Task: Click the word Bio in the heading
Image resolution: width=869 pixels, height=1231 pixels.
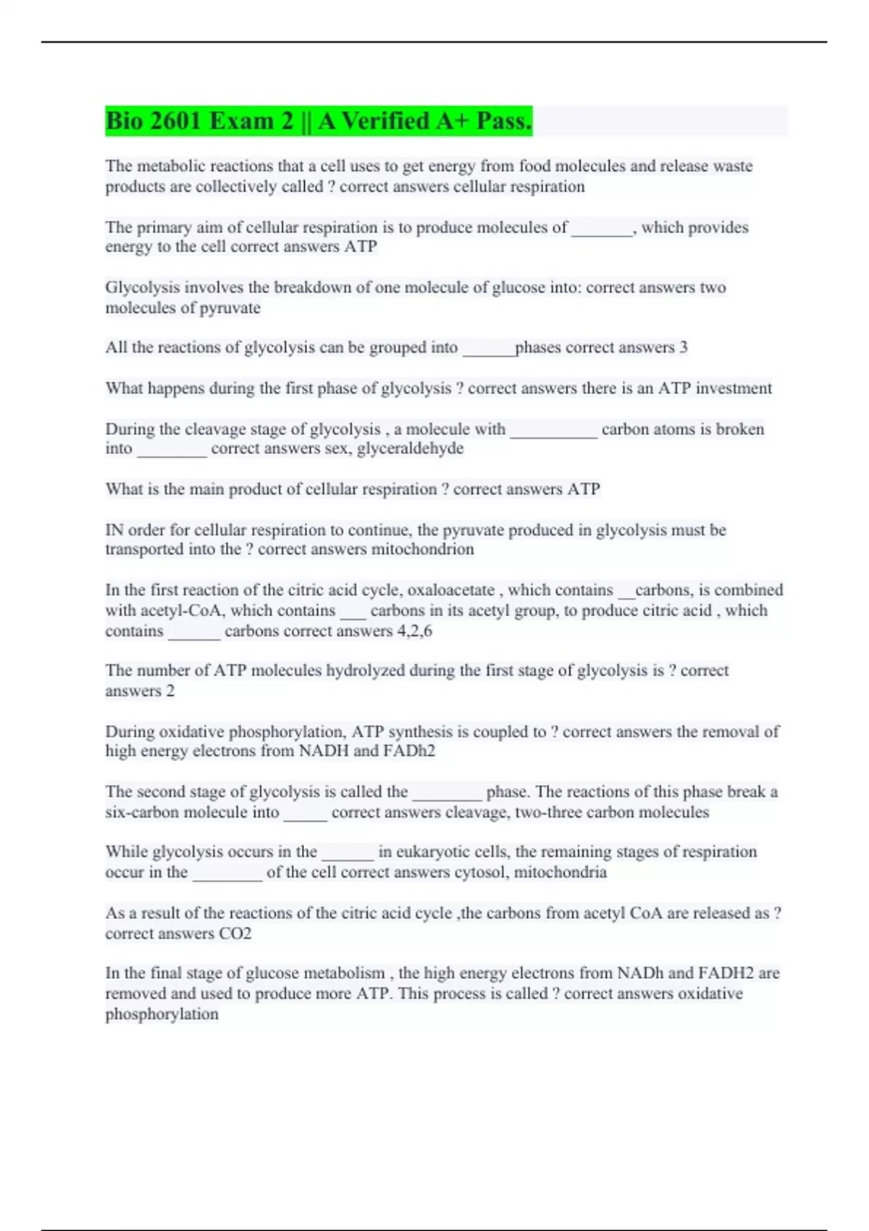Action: pyautogui.click(x=125, y=121)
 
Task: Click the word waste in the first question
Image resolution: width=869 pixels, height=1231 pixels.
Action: pyautogui.click(x=733, y=166)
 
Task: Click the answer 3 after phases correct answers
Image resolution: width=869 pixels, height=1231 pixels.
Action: pyautogui.click(x=683, y=348)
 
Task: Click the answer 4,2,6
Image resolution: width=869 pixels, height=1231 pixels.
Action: pyautogui.click(x=414, y=631)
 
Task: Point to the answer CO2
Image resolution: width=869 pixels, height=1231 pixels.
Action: pyautogui.click(x=235, y=933)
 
